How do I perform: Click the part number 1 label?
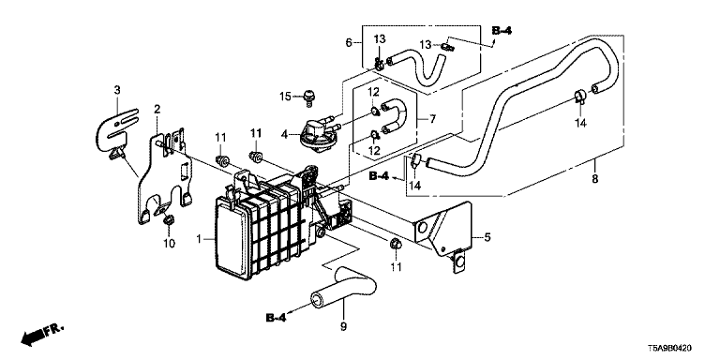200,239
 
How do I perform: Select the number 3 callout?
117,90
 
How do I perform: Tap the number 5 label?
487,237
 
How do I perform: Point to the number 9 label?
344,327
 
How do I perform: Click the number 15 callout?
286,97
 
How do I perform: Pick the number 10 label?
170,243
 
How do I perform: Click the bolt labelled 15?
308,97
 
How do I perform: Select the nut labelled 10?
169,219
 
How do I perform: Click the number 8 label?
594,179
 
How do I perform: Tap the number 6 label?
349,43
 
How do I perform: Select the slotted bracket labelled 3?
117,131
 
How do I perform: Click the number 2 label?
157,110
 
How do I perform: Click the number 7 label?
432,119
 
